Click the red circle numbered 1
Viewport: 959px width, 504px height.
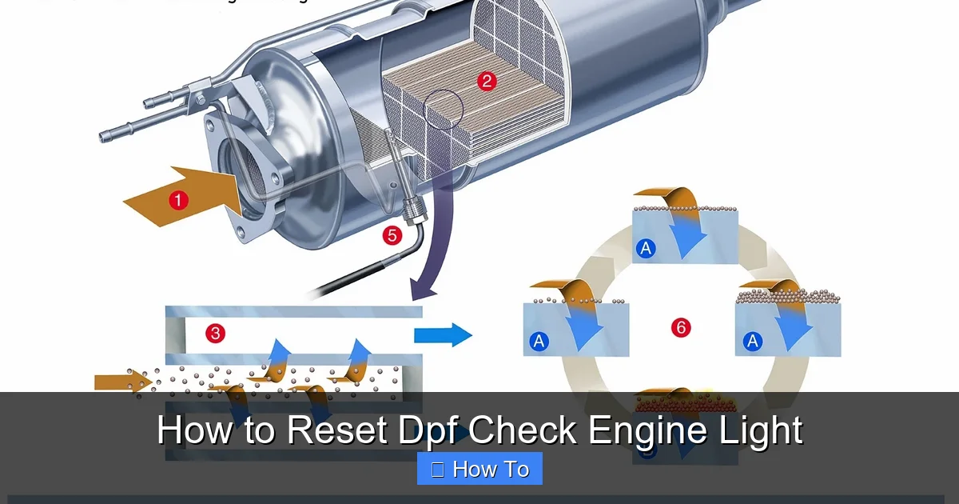[178, 200]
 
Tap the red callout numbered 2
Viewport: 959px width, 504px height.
[486, 80]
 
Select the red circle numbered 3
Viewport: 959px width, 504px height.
[215, 333]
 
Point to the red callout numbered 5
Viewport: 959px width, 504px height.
[392, 235]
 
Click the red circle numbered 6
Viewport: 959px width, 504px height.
[681, 327]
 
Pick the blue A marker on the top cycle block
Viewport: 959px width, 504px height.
[645, 249]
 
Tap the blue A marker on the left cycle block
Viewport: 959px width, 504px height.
[539, 342]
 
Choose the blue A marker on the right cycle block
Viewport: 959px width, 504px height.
[752, 342]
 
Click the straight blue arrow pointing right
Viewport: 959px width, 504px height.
[443, 334]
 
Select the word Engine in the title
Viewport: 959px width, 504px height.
[643, 431]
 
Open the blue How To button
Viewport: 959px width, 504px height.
[479, 469]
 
